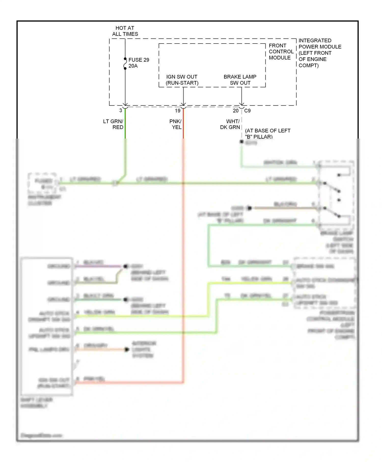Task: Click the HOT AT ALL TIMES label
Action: (125, 31)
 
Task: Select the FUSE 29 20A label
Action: (139, 63)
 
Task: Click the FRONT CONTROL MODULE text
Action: (281, 51)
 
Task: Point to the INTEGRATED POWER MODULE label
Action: (320, 53)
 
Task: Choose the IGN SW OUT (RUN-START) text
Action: (182, 80)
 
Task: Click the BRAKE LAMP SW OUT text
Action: (240, 80)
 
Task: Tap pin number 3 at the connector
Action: (121, 111)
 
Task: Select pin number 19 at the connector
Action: (178, 111)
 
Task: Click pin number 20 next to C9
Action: (236, 111)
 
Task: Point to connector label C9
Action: (247, 111)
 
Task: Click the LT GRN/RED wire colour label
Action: (113, 124)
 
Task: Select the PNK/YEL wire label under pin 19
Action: (175, 124)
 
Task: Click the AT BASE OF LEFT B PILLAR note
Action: (267, 133)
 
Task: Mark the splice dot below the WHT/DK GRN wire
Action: (241, 142)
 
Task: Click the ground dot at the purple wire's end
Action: (125, 266)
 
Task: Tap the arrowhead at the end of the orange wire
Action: (127, 349)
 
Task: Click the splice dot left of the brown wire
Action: (250, 208)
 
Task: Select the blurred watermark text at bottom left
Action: (41, 435)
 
